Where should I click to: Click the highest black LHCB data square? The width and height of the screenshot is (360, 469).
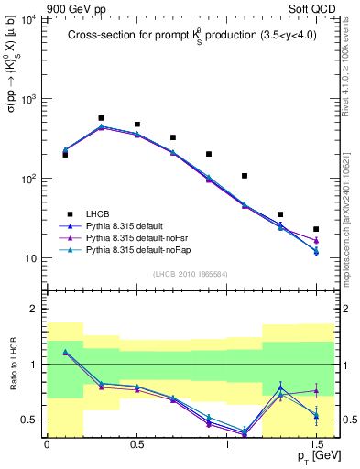[x=101, y=118]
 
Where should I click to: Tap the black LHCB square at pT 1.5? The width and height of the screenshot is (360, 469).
[x=316, y=229]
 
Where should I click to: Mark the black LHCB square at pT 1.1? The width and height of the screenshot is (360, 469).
[x=245, y=176]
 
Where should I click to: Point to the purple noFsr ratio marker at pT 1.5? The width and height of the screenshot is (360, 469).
[x=316, y=391]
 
